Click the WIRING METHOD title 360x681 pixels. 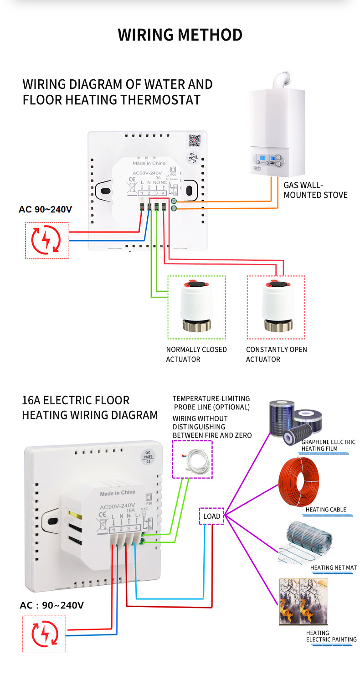[180, 35]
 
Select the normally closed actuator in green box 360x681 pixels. [196, 307]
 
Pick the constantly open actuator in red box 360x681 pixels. [276, 307]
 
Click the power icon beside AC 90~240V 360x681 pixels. [47, 241]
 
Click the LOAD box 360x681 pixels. [211, 516]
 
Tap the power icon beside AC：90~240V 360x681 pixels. [44, 634]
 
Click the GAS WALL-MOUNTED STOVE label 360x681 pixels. [315, 190]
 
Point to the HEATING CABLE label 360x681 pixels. [326, 509]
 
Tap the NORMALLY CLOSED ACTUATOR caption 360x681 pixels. [196, 354]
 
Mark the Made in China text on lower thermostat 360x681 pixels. [118, 492]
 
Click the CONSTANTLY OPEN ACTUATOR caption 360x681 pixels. [276, 354]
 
